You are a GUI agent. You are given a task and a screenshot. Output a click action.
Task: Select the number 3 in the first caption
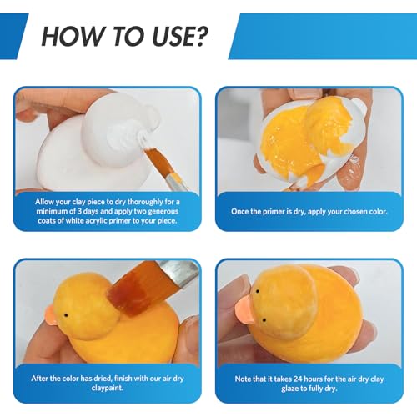pyautogui.click(x=79, y=211)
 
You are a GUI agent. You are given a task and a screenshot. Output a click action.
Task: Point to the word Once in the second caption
pyautogui.click(x=240, y=212)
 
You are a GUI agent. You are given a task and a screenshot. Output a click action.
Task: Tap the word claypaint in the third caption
pyautogui.click(x=108, y=388)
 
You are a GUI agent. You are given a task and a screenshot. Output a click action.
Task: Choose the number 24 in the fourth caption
pyautogui.click(x=298, y=379)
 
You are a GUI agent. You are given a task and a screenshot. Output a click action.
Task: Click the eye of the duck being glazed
pyautogui.click(x=66, y=316)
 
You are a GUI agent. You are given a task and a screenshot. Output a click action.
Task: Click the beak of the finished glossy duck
pyautogui.click(x=244, y=309)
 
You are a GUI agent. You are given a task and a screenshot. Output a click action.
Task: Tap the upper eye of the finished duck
pyautogui.click(x=258, y=292)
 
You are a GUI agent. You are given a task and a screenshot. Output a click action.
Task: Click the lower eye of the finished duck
pyautogui.click(x=264, y=320)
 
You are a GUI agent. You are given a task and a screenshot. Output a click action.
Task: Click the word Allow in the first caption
pyautogui.click(x=44, y=202)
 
